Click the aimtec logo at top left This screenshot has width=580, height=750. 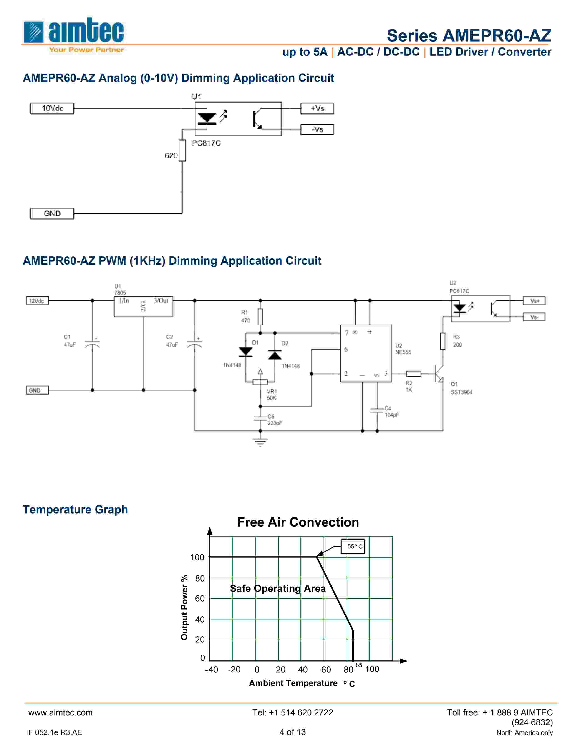tap(73, 34)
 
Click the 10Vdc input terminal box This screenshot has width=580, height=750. tap(52, 108)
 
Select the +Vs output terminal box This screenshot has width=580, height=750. tap(317, 108)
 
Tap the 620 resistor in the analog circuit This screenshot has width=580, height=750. tap(182, 150)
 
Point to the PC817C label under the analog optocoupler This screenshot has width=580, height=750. tap(206, 143)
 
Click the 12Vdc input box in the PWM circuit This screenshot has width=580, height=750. tap(38, 301)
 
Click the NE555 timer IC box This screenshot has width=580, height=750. tap(366, 353)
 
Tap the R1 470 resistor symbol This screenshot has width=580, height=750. tap(260, 317)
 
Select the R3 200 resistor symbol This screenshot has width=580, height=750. tap(443, 341)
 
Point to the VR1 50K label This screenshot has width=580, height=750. tap(272, 395)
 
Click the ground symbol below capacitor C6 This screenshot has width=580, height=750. tap(260, 442)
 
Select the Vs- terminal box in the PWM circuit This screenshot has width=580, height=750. tap(534, 317)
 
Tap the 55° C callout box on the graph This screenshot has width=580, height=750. tap(353, 546)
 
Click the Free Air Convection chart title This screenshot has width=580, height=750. tap(298, 522)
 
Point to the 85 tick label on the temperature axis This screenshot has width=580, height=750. tap(359, 665)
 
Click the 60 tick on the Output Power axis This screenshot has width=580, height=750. tap(200, 599)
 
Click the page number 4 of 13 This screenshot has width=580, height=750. tap(293, 732)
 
